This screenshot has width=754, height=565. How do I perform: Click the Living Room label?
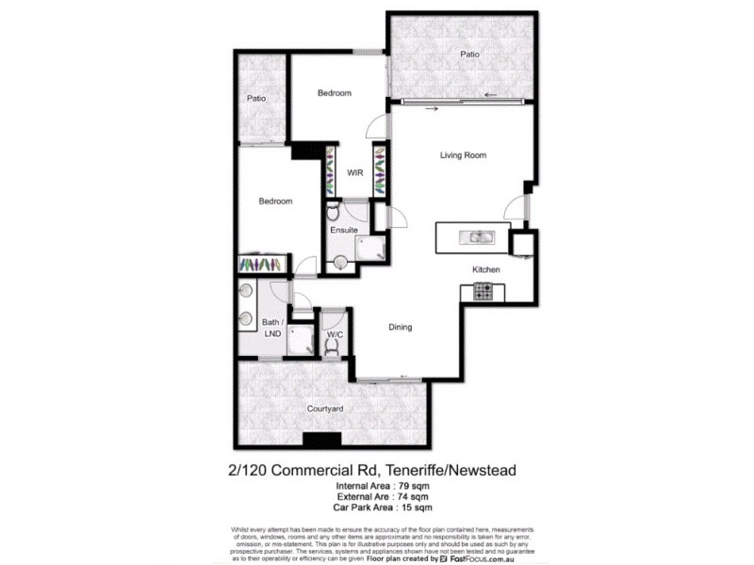pyautogui.click(x=463, y=155)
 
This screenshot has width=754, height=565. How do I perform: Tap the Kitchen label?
pyautogui.click(x=486, y=270)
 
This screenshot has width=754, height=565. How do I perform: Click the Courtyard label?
pyautogui.click(x=325, y=409)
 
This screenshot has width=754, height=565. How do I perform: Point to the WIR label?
pyautogui.click(x=355, y=173)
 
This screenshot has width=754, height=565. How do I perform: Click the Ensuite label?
pyautogui.click(x=343, y=231)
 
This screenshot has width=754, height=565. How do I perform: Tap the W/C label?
pyautogui.click(x=334, y=334)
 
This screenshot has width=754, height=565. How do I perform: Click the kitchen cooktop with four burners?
pyautogui.click(x=484, y=293)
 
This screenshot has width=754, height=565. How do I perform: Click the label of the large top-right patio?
pyautogui.click(x=469, y=55)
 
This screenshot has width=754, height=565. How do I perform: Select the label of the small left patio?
pyautogui.click(x=256, y=99)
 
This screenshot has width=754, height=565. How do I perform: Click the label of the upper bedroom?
pyautogui.click(x=334, y=92)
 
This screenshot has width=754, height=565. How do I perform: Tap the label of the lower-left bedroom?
pyautogui.click(x=275, y=202)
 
